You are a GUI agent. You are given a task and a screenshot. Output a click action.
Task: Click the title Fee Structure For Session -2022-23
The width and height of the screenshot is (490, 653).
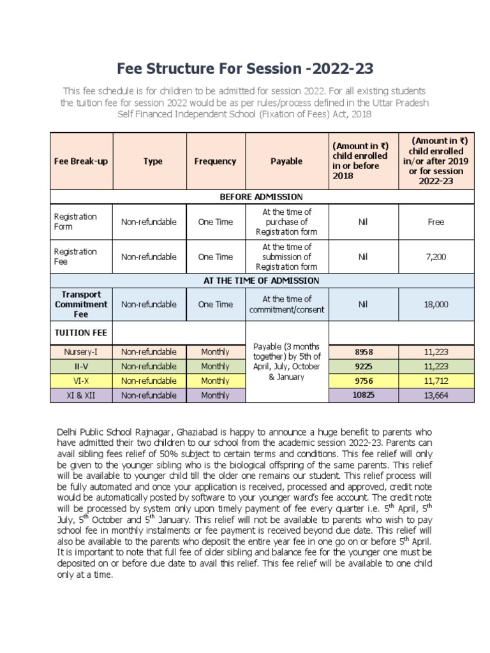tap(244, 68)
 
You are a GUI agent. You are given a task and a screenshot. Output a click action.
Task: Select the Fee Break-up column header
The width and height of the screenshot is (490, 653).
tap(81, 161)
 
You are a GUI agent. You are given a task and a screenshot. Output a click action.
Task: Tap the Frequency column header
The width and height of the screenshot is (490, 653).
tap(215, 161)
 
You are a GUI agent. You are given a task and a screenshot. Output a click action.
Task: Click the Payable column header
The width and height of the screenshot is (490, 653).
tap(286, 161)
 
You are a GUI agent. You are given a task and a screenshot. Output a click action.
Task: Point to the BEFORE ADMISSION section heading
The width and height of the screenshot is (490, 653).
tap(261, 196)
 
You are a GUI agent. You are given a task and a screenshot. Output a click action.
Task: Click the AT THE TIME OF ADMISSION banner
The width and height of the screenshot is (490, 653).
tap(261, 281)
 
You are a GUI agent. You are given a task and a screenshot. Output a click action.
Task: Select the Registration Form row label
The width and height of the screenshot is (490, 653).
tap(75, 222)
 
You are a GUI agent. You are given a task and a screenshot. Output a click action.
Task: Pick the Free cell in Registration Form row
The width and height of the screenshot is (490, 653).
tap(436, 222)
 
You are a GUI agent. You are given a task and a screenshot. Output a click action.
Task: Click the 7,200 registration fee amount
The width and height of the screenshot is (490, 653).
tap(436, 257)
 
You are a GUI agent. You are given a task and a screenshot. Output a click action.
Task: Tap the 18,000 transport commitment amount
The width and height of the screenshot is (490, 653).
tap(436, 304)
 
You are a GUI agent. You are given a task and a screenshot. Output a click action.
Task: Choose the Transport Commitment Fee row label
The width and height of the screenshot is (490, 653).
tap(81, 304)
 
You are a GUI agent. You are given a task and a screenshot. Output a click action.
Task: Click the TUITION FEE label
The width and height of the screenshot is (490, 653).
tap(80, 332)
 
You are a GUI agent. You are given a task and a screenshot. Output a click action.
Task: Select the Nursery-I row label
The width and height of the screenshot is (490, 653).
tap(81, 351)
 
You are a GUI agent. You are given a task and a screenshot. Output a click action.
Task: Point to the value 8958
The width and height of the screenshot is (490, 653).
tap(363, 351)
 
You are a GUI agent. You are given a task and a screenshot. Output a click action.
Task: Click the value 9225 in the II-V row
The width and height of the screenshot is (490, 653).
tap(363, 366)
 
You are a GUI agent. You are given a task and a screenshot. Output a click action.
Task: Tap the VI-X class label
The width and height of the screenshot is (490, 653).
tap(81, 381)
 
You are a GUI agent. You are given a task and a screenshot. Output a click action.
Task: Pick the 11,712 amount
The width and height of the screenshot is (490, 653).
tap(436, 381)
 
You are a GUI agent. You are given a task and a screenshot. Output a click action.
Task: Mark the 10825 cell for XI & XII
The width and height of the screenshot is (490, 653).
tap(363, 395)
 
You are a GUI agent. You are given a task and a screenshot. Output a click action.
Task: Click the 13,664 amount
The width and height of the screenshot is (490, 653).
tap(436, 395)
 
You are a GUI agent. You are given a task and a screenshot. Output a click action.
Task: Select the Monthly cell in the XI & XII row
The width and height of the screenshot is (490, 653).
tap(215, 395)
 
